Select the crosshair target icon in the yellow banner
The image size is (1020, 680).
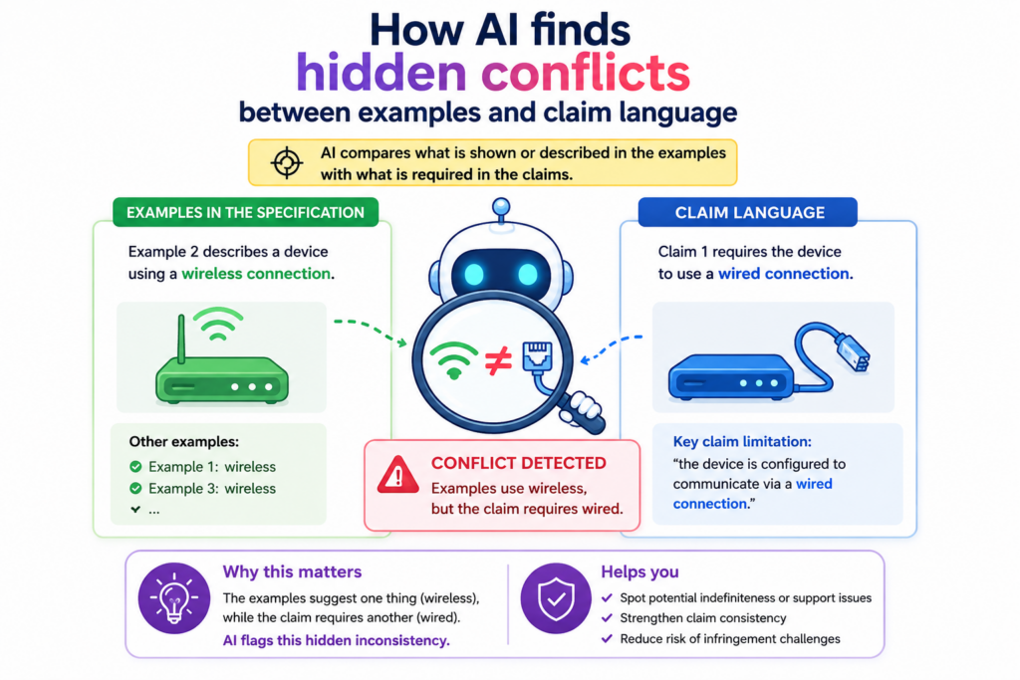[286, 162]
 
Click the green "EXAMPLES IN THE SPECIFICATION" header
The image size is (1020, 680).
[245, 213]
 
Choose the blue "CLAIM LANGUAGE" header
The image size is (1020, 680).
[748, 213]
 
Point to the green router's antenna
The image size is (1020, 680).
[181, 339]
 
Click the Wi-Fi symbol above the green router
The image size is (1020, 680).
[218, 324]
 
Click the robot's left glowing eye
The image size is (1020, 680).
[475, 275]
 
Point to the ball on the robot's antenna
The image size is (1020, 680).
[500, 207]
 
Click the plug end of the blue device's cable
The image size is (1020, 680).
[854, 352]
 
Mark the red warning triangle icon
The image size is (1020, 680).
[398, 475]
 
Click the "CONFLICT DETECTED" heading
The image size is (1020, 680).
[518, 463]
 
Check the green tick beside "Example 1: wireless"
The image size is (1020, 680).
[135, 467]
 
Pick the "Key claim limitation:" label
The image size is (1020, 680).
[742, 442]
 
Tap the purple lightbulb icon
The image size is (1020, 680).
[173, 598]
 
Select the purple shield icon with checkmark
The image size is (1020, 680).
[556, 598]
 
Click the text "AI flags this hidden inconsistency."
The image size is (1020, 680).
[337, 640]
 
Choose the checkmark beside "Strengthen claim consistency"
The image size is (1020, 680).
[607, 618]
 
